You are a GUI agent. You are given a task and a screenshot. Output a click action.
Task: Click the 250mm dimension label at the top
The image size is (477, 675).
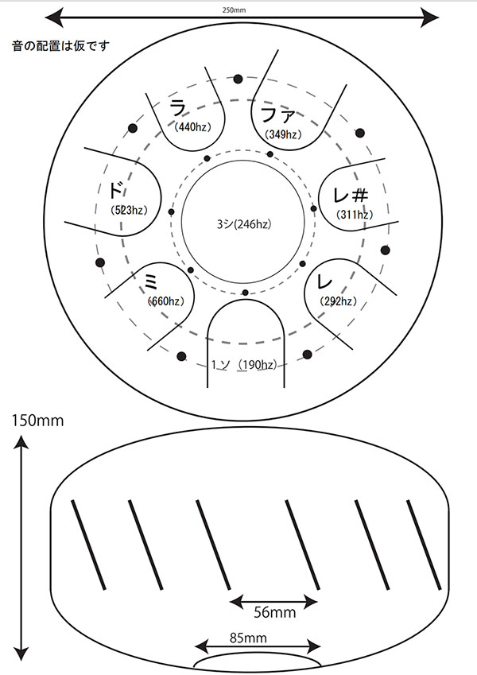(x=235, y=10)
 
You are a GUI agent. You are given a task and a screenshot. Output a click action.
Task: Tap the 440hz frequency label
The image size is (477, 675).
(x=193, y=127)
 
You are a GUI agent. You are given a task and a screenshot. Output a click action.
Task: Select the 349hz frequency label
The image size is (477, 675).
(x=283, y=134)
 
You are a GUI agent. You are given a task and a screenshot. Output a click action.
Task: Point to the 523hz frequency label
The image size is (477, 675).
(x=129, y=210)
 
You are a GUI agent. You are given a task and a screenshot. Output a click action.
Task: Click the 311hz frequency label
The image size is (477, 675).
(x=355, y=214)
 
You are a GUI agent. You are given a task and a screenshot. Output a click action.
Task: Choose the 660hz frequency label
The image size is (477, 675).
(x=165, y=301)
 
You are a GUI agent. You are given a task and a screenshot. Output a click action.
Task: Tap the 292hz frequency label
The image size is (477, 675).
(x=339, y=301)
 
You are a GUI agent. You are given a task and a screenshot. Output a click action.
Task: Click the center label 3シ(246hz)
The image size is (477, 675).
(x=244, y=224)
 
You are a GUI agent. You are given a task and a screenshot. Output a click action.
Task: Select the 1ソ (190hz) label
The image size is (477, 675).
(x=243, y=365)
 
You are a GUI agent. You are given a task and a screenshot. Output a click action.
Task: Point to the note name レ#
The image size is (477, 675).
(x=351, y=195)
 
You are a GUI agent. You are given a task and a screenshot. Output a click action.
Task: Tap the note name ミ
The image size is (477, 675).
(x=151, y=283)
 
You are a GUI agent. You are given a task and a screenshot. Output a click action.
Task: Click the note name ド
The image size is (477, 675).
(x=115, y=190)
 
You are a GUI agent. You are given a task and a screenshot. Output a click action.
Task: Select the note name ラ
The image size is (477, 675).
(x=178, y=108)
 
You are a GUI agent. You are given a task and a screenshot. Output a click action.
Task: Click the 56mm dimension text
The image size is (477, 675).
(x=274, y=612)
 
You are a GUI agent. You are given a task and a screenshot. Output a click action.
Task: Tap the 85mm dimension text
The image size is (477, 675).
(x=248, y=638)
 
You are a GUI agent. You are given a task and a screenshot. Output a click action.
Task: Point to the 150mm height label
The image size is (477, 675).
(x=38, y=420)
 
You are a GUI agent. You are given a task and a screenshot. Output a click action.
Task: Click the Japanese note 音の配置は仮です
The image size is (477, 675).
(x=60, y=45)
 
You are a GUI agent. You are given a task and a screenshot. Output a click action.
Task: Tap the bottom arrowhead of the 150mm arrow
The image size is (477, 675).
(x=21, y=654)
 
